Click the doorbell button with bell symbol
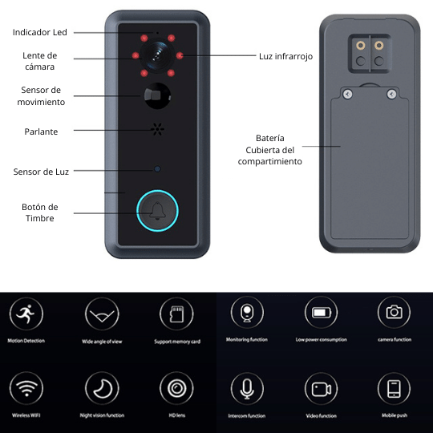click(x=157, y=211)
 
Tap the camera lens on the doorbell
click(x=157, y=55)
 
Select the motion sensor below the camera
click(x=157, y=96)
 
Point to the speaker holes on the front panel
click(x=157, y=129)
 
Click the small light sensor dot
click(x=157, y=169)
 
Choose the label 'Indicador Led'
click(x=40, y=32)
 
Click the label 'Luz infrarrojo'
click(x=285, y=56)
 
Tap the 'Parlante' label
click(x=41, y=132)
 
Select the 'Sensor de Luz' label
click(x=41, y=172)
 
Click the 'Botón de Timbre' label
click(x=40, y=212)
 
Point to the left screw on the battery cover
click(x=348, y=94)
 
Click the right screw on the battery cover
click(x=391, y=94)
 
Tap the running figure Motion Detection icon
click(x=26, y=314)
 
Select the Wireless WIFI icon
click(x=26, y=388)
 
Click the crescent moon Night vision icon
click(x=102, y=388)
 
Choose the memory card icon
click(x=176, y=314)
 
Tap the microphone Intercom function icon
click(x=247, y=389)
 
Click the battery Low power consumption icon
click(x=322, y=313)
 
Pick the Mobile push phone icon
click(x=394, y=389)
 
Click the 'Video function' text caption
click(x=322, y=416)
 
